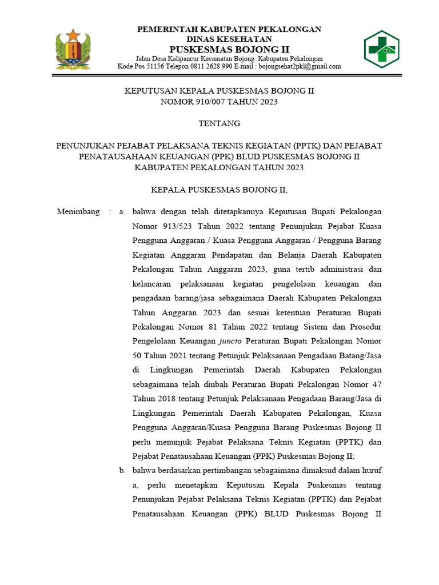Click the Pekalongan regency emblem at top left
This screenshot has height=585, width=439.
coord(73,49)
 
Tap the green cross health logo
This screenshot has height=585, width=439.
coord(381,49)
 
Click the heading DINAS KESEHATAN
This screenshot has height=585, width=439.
coord(228,39)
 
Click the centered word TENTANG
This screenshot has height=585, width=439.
coord(219,123)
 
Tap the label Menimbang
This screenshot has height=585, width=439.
coord(78,212)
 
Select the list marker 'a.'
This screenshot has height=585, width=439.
coord(122,212)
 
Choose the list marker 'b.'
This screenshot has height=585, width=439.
coord(122,471)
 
